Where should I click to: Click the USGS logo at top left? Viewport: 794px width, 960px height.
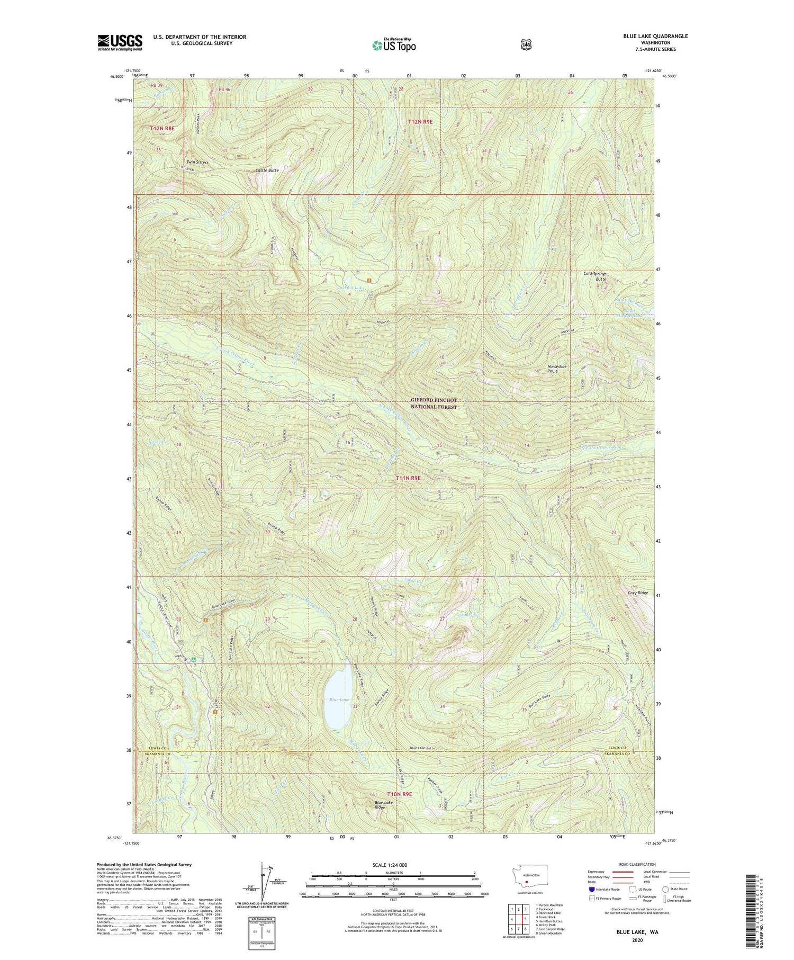120,42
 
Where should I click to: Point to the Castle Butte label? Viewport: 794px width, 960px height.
267,171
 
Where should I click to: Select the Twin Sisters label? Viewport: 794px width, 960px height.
197,162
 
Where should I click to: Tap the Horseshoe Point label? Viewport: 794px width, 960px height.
560,369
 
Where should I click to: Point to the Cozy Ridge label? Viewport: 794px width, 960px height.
637,593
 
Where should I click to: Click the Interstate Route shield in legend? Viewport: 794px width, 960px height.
591,889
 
